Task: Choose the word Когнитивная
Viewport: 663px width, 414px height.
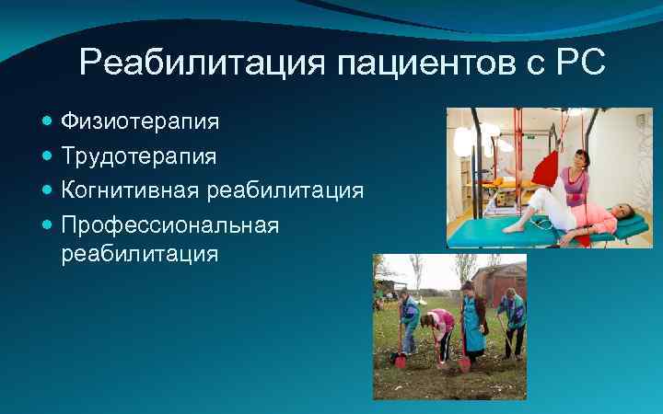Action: click(x=131, y=190)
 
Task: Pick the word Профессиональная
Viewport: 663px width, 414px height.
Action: click(x=169, y=225)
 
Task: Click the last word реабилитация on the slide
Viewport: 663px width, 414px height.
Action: click(x=139, y=253)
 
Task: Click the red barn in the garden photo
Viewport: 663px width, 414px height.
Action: click(x=509, y=280)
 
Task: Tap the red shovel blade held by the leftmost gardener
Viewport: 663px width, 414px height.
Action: click(x=401, y=360)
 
